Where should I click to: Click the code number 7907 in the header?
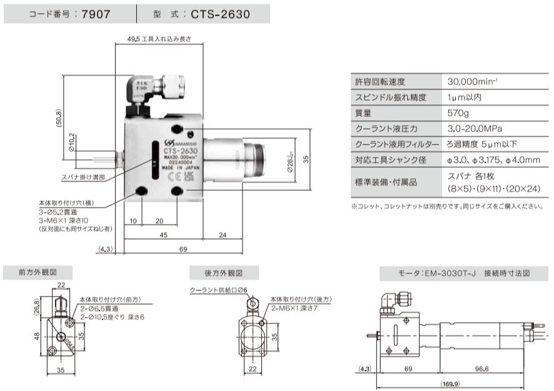(x=99, y=14)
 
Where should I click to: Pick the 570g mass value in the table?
(x=459, y=113)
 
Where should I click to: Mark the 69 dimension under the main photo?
(x=183, y=250)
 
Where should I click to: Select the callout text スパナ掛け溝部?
(x=83, y=177)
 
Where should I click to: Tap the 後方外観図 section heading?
(x=223, y=273)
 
